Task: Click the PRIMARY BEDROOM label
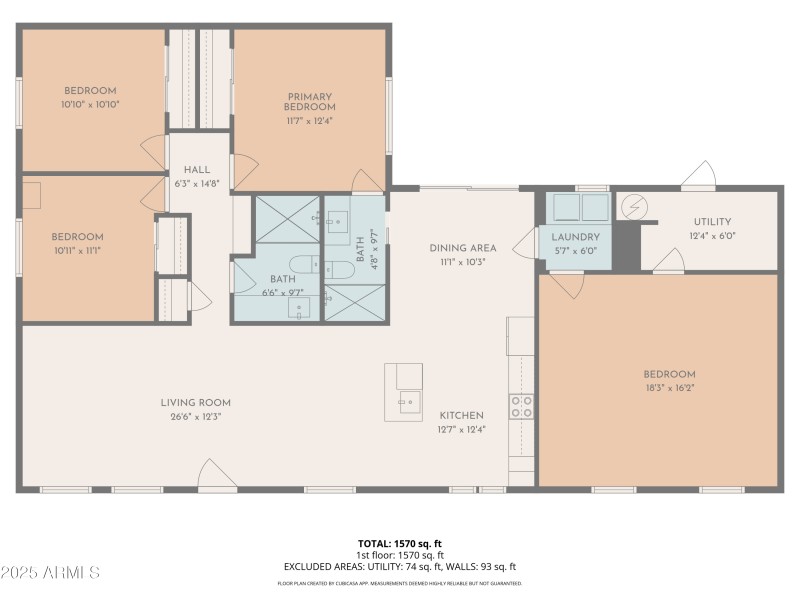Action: pyautogui.click(x=309, y=102)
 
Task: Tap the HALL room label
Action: pyautogui.click(x=196, y=170)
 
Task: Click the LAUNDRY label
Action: pyautogui.click(x=575, y=237)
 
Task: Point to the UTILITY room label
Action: pyautogui.click(x=712, y=222)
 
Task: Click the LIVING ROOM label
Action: pyautogui.click(x=195, y=403)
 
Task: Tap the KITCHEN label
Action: pyautogui.click(x=461, y=415)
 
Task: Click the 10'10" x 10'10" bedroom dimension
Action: pyautogui.click(x=90, y=103)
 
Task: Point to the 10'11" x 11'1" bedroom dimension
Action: pyautogui.click(x=77, y=250)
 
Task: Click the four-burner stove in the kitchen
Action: pyautogui.click(x=522, y=406)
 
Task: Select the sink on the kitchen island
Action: pyautogui.click(x=407, y=403)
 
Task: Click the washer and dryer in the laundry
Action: pyautogui.click(x=581, y=207)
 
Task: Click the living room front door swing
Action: pyautogui.click(x=217, y=475)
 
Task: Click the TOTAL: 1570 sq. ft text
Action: pyautogui.click(x=400, y=543)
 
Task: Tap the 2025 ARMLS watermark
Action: pyautogui.click(x=50, y=573)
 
